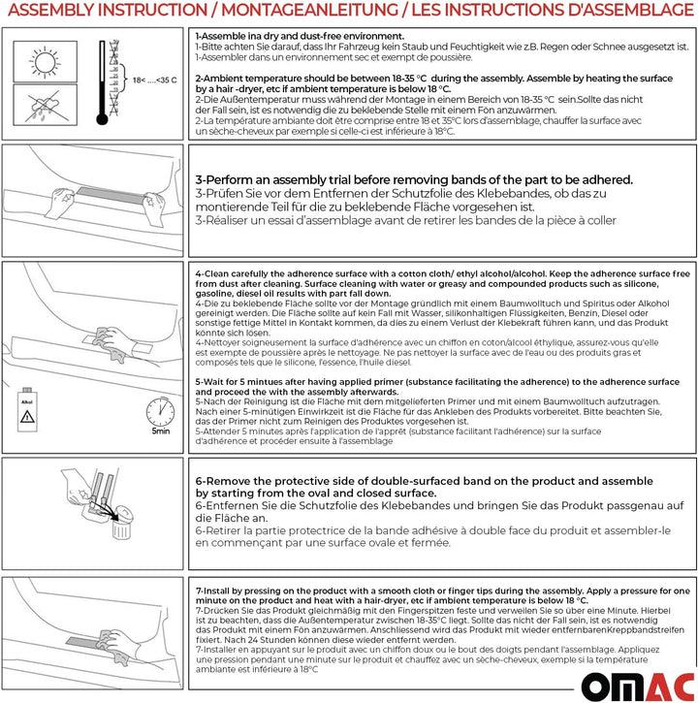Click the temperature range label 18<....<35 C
[154, 78]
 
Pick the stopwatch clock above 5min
[160, 411]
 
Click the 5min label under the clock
[160, 432]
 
